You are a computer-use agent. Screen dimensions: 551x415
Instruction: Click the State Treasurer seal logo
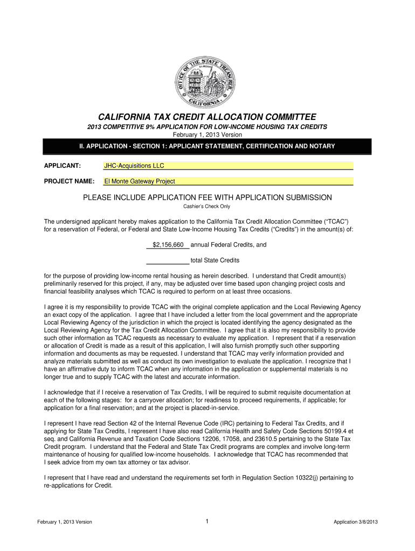coord(207,82)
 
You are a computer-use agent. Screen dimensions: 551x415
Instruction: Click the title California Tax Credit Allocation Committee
coord(207,117)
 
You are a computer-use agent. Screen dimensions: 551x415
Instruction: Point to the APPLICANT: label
coord(62,166)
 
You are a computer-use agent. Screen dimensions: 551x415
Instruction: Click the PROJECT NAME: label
coord(69,181)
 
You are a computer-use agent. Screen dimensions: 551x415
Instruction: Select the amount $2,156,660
coord(168,245)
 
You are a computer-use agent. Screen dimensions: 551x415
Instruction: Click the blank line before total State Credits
coord(168,260)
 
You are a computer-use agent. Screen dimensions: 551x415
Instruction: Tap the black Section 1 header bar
coord(207,146)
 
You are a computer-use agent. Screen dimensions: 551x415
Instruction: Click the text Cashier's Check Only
coord(207,206)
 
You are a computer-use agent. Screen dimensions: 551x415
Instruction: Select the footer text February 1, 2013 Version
coord(65,522)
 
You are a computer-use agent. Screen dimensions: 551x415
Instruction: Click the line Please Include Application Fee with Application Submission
coord(207,197)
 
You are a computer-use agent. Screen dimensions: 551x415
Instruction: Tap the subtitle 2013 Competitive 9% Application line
coord(207,127)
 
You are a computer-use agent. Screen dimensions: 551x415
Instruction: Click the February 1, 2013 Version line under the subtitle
coord(207,135)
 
